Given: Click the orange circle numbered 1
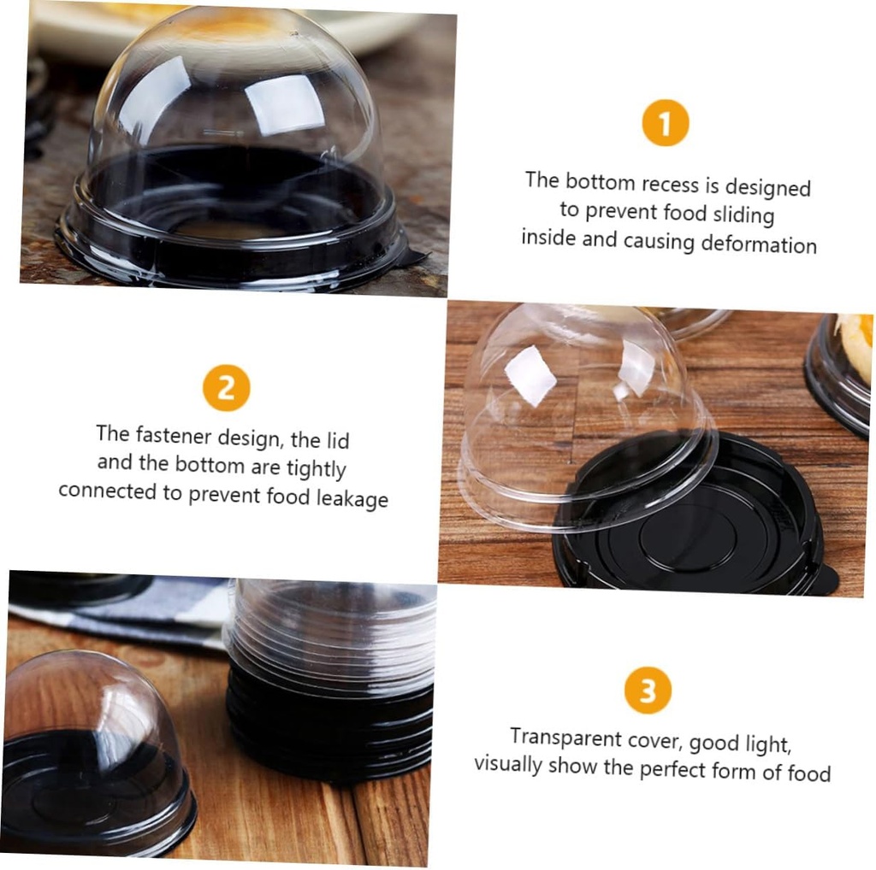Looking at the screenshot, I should tap(665, 123).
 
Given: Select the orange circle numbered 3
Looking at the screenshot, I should tap(648, 691).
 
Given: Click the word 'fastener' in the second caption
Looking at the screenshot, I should tap(171, 436).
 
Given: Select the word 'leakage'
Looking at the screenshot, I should tap(352, 498).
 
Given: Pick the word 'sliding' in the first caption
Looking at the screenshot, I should tap(739, 214).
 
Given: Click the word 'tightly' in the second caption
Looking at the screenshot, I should tap(315, 467).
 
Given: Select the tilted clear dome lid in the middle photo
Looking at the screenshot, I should tap(582, 410).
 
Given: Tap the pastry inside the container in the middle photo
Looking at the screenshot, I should tap(855, 346).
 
